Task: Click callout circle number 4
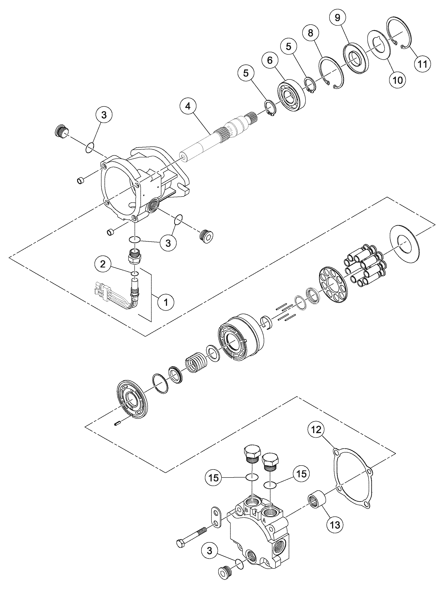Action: [x=188, y=106]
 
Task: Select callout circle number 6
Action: [x=270, y=61]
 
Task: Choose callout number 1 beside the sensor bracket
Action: [x=166, y=302]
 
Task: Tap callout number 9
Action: [x=337, y=18]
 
